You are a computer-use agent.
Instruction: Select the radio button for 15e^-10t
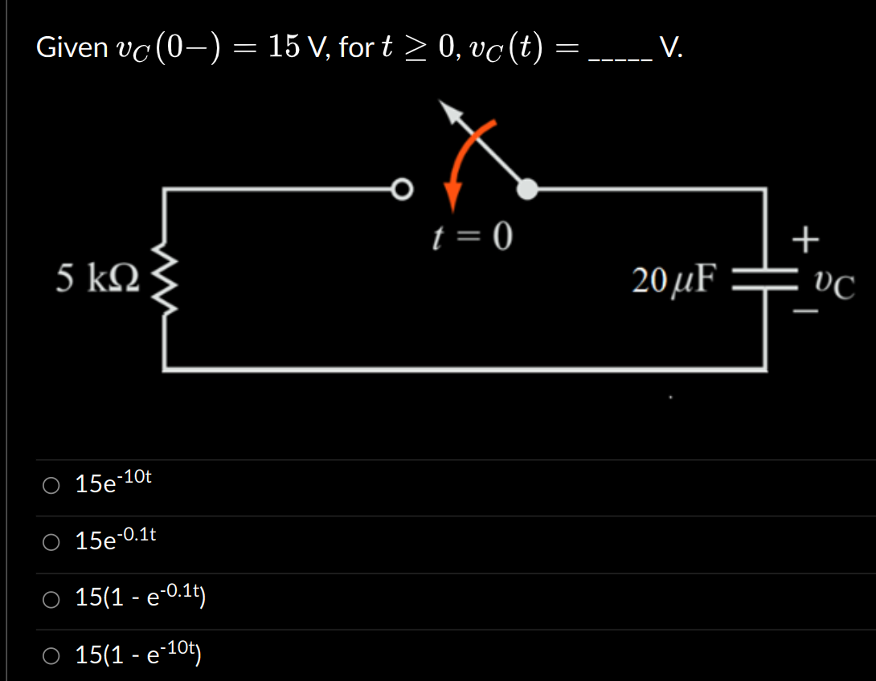tap(51, 485)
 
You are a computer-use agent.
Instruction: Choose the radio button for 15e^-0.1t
tap(51, 543)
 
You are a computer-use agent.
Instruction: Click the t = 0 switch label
tap(472, 237)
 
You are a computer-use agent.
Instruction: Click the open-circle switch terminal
tap(402, 190)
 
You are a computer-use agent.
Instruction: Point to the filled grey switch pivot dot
tap(526, 190)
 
